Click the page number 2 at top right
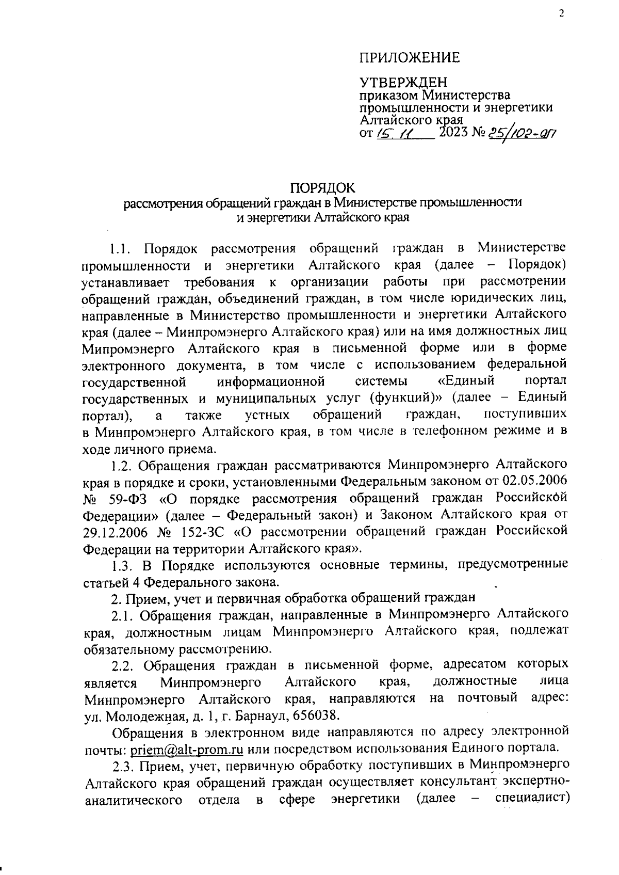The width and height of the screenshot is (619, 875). [561, 14]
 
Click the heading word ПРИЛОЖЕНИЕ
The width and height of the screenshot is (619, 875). [409, 58]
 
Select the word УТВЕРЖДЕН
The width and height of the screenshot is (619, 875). [403, 83]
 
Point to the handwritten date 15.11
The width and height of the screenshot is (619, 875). [393, 134]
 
